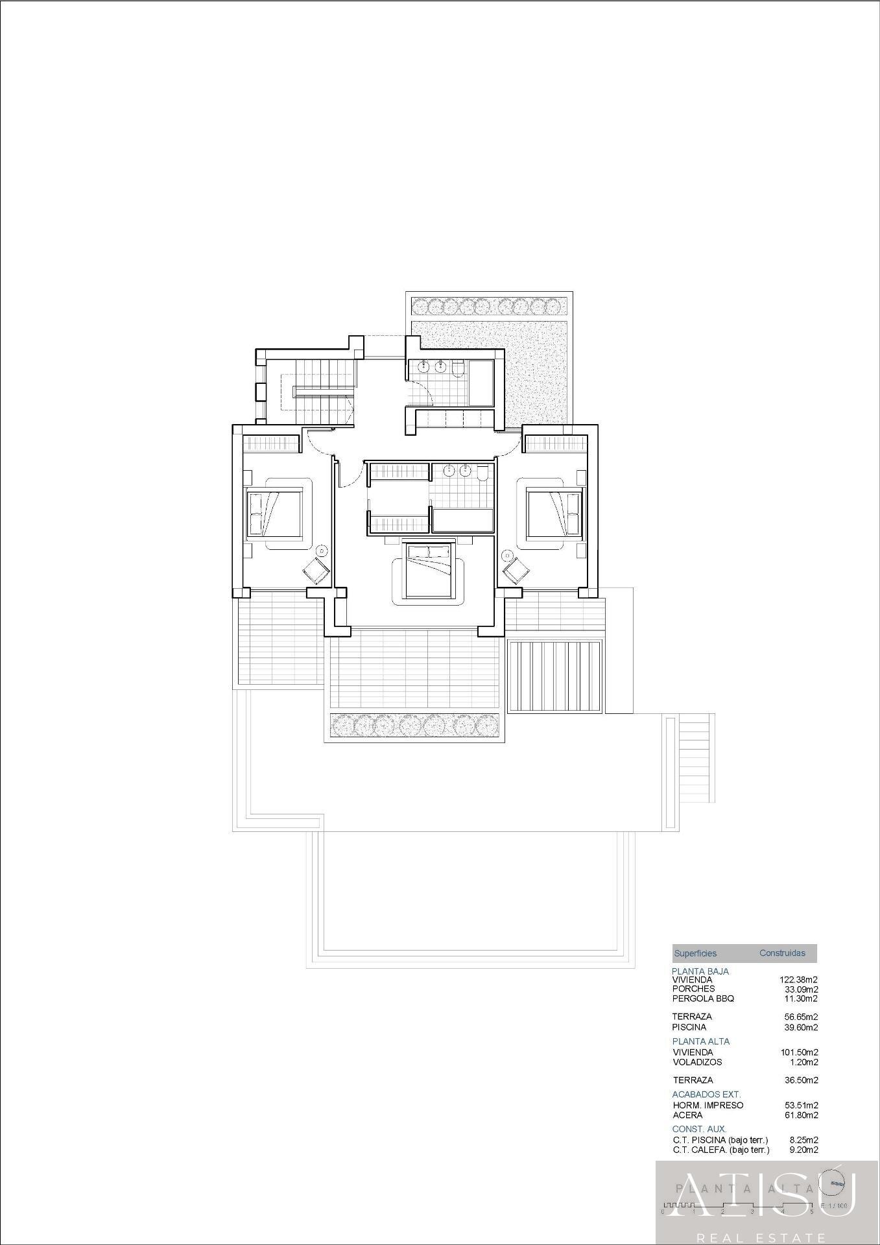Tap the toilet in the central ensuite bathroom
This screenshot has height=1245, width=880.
pos(482,475)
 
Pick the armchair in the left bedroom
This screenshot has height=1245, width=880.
pos(316,571)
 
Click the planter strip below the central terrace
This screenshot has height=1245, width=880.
pos(415,726)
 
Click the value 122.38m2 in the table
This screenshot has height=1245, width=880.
pos(798,980)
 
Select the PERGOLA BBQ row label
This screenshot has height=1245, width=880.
pos(703,999)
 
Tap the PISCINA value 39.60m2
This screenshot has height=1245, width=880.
pos(801,1027)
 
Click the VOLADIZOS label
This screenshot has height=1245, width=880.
pos(697,1062)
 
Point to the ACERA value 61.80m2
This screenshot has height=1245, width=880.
pos(801,1115)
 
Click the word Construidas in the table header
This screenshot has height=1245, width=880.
pos(782,953)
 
